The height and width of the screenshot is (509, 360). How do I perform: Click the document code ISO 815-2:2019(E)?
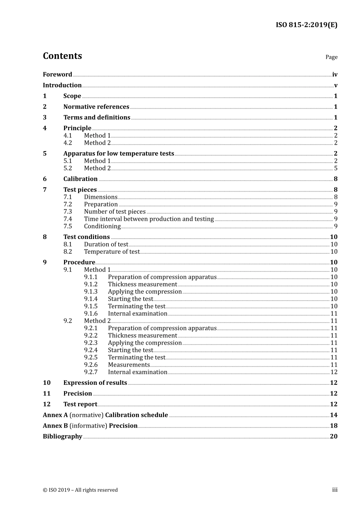[x=306, y=25]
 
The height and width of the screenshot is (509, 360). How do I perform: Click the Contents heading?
[x=62, y=56]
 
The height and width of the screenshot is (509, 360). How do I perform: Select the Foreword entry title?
[x=57, y=75]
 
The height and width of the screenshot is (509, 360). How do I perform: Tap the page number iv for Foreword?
[x=335, y=75]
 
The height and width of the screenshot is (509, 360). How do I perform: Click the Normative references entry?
[x=96, y=107]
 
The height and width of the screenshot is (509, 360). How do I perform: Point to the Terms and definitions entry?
[x=97, y=117]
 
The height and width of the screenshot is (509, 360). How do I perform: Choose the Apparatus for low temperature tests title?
[x=119, y=153]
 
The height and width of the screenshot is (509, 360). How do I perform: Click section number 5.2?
[x=67, y=168]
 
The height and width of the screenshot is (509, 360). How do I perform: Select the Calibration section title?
[x=80, y=179]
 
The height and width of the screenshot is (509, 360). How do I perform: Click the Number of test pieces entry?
[x=115, y=212]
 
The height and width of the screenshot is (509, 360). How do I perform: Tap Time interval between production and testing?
[x=149, y=219]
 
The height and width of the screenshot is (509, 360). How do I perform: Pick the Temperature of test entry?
[x=112, y=251]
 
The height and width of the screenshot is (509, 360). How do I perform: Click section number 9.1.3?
[x=91, y=292]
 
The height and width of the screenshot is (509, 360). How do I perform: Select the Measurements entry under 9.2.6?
[x=129, y=365]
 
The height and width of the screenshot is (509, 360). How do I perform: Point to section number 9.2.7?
[x=91, y=372]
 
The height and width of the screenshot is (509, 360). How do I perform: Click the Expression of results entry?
[x=95, y=383]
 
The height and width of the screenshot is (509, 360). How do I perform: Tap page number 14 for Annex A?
[x=333, y=415]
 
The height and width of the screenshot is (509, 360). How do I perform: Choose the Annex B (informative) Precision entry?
[x=90, y=426]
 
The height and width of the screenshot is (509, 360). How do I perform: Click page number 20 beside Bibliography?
[x=333, y=436]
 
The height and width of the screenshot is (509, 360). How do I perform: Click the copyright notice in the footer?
[x=80, y=490]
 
